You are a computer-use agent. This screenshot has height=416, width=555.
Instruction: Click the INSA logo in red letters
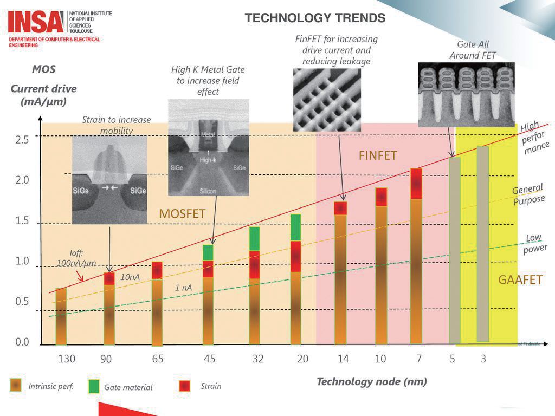click(x=35, y=22)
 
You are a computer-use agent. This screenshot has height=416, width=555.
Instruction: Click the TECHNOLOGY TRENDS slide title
click(x=315, y=18)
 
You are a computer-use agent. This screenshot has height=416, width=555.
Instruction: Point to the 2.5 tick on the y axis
click(x=22, y=140)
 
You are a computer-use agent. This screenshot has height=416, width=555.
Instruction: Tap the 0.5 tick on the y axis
click(x=22, y=302)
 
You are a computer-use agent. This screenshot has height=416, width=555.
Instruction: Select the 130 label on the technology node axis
click(x=67, y=359)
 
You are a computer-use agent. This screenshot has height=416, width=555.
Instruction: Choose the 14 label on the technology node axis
click(x=343, y=359)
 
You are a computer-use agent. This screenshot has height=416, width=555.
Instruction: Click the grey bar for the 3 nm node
click(x=482, y=244)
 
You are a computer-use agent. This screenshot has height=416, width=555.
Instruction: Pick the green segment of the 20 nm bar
click(x=296, y=227)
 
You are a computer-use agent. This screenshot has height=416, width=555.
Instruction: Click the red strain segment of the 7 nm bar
click(x=416, y=184)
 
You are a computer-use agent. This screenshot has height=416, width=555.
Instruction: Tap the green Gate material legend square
click(x=94, y=386)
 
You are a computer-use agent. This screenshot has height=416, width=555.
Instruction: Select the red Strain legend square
click(x=185, y=386)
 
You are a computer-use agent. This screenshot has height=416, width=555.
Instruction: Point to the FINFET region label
click(x=378, y=156)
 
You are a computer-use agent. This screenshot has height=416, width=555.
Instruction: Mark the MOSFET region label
click(x=182, y=214)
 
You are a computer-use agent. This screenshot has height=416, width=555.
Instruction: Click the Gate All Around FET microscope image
click(x=466, y=94)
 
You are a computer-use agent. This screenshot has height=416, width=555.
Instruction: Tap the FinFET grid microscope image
click(x=327, y=99)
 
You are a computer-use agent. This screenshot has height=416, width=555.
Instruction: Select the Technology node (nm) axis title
click(x=372, y=381)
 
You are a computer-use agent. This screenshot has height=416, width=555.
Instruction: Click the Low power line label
click(x=533, y=244)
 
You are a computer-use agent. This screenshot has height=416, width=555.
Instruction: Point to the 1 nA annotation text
click(x=184, y=288)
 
